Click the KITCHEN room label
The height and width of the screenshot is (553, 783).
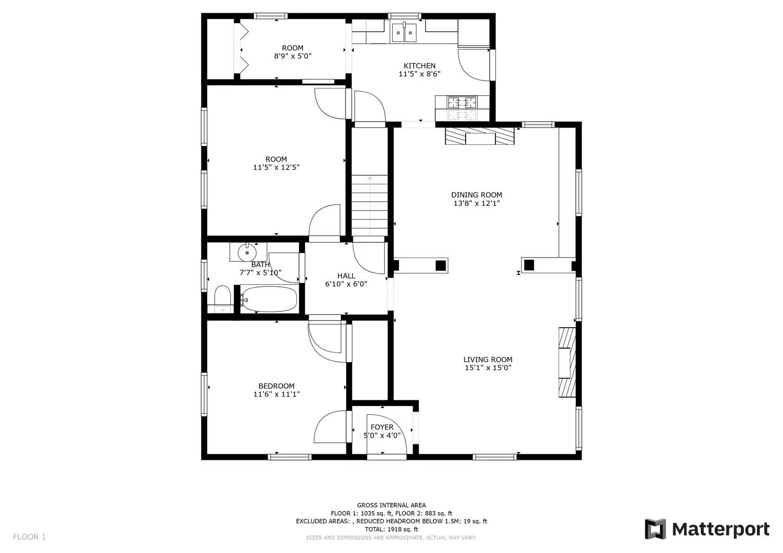[x=419, y=66]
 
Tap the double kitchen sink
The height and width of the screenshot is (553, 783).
[x=404, y=32]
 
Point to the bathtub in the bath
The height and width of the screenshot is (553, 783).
[x=269, y=299]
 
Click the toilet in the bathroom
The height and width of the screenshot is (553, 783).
[x=223, y=299]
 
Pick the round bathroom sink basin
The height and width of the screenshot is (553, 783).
[x=247, y=252]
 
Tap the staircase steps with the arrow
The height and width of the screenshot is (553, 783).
[x=370, y=205]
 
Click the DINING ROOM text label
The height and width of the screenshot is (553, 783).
[x=476, y=195]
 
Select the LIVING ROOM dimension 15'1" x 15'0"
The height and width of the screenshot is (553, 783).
[x=488, y=368]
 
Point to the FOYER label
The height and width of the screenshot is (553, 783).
[x=382, y=427]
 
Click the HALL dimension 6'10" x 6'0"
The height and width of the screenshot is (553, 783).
[x=346, y=284]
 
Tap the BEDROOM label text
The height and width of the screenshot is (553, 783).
[x=276, y=386]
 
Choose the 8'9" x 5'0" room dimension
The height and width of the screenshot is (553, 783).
[x=293, y=56]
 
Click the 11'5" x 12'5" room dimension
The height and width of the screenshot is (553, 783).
[x=276, y=167]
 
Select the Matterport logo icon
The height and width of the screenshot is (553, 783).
[x=655, y=529]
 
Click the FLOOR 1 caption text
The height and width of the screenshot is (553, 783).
[x=29, y=537]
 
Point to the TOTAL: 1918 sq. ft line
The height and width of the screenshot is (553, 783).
[x=391, y=529]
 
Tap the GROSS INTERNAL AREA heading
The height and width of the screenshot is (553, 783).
[x=391, y=505]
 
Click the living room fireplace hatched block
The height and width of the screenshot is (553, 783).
[x=567, y=363]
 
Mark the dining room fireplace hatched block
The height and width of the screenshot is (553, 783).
[x=479, y=136]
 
